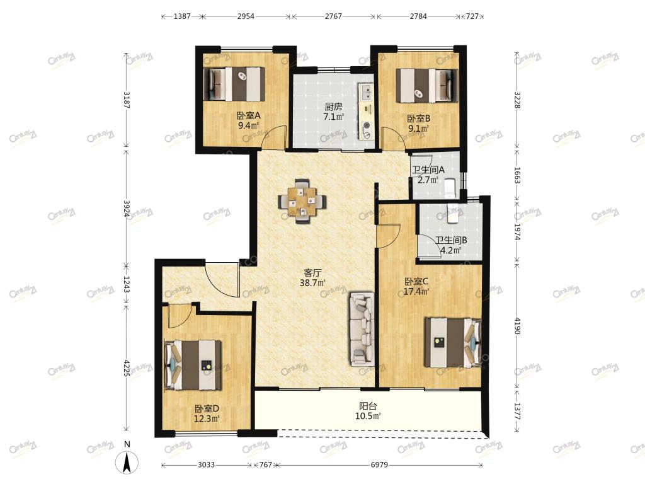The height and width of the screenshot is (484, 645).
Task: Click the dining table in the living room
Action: coord(302,201)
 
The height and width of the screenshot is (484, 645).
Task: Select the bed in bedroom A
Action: coord(234,84)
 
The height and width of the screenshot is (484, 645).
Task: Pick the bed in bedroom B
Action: coord(426,86)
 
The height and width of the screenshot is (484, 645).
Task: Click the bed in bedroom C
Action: coord(453,342)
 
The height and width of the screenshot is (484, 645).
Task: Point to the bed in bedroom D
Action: coord(193,365)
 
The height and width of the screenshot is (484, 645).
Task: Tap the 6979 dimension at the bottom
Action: coord(379,464)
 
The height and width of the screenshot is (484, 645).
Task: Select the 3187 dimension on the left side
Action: coord(126,100)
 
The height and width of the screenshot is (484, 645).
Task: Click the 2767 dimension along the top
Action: coord(333,16)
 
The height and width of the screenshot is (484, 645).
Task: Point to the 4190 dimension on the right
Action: coord(517,326)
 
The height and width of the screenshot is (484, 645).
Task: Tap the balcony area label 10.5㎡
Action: coord(368,416)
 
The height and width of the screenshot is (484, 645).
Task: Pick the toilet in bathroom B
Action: coord(452,213)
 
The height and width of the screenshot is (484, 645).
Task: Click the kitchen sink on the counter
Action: coord(366,92)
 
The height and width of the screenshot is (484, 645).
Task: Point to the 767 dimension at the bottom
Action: coord(265,464)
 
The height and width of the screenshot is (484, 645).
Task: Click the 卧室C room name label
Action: coord(416,282)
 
